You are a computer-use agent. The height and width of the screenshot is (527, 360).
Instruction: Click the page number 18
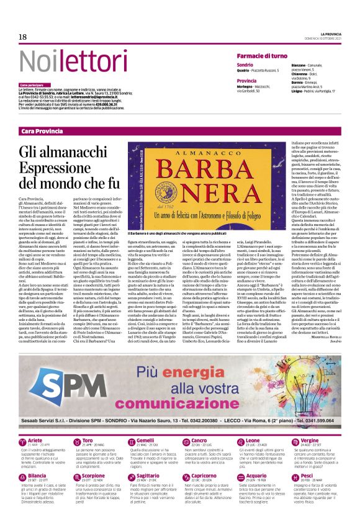[x=23, y=37]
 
